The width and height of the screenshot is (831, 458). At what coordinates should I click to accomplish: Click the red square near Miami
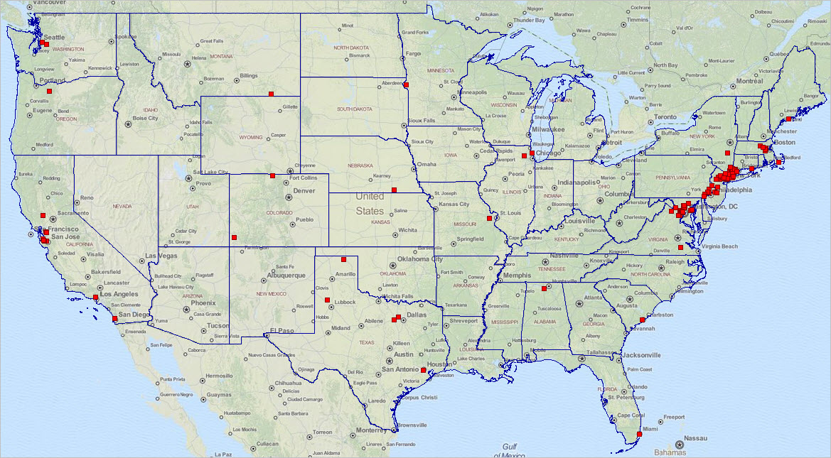[x=639, y=435]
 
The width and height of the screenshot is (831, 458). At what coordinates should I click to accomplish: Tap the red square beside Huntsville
[x=544, y=288]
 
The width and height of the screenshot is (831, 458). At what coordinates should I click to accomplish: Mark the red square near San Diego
[x=115, y=319]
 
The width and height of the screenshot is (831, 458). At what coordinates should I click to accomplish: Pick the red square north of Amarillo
[x=343, y=259]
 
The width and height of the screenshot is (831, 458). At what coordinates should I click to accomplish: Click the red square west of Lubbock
[x=328, y=300]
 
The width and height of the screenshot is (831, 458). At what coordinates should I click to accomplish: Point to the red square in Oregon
[x=50, y=92]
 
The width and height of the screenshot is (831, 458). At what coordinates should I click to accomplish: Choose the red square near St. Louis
[x=489, y=218]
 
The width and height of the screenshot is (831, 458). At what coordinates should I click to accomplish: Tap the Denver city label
[x=304, y=190]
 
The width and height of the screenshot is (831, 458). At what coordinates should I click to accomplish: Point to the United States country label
[x=370, y=204]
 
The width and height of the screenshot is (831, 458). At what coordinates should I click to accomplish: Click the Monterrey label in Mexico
[x=370, y=430]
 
